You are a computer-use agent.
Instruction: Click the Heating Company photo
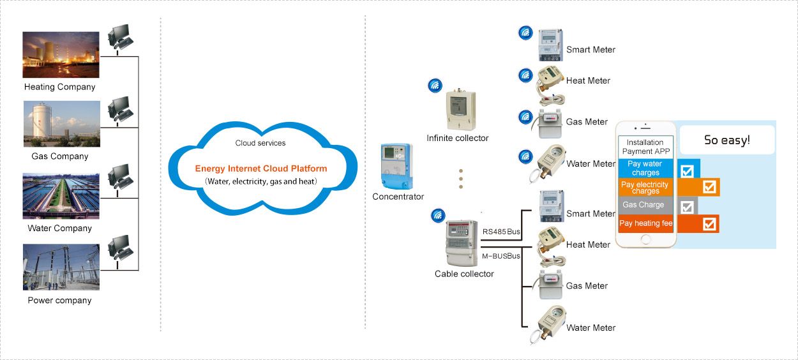click(x=61, y=55)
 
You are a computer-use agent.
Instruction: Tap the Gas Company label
click(x=60, y=156)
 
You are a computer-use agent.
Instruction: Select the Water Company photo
click(x=61, y=196)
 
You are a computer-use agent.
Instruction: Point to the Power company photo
click(x=61, y=267)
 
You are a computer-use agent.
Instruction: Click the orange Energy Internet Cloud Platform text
click(x=260, y=169)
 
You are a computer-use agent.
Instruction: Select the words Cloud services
click(x=260, y=143)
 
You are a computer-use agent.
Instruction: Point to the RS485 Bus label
click(x=501, y=231)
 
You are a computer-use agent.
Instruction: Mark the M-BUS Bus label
click(x=501, y=256)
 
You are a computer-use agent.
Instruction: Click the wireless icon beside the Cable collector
click(x=439, y=216)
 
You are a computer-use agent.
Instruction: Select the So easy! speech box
click(x=726, y=140)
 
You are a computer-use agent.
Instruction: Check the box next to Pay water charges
click(x=687, y=170)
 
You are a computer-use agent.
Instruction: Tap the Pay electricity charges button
click(x=645, y=188)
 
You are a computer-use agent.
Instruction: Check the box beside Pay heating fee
click(x=709, y=224)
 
